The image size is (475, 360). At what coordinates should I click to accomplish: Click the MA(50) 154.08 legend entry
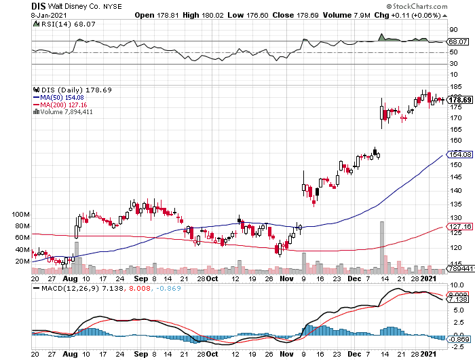coord(58,97)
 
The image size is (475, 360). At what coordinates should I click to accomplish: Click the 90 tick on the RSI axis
coord(451,30)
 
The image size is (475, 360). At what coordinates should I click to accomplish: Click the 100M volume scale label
coord(22,214)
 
